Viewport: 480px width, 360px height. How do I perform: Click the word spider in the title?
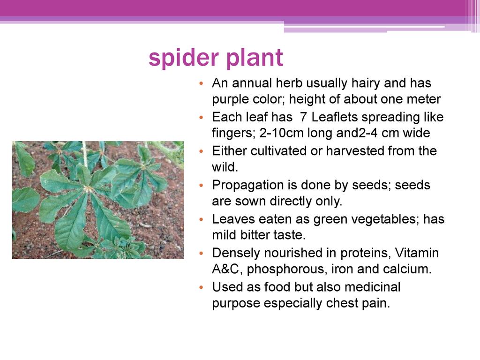click(x=184, y=58)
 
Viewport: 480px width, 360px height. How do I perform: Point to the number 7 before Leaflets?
click(x=303, y=117)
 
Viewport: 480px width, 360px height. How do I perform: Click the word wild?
click(x=225, y=167)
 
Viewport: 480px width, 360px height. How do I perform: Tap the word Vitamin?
click(x=417, y=253)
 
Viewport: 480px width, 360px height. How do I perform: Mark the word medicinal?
click(x=372, y=287)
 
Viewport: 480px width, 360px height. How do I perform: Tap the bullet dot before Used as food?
click(x=201, y=287)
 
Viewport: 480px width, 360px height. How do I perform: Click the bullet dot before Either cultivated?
click(x=201, y=151)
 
